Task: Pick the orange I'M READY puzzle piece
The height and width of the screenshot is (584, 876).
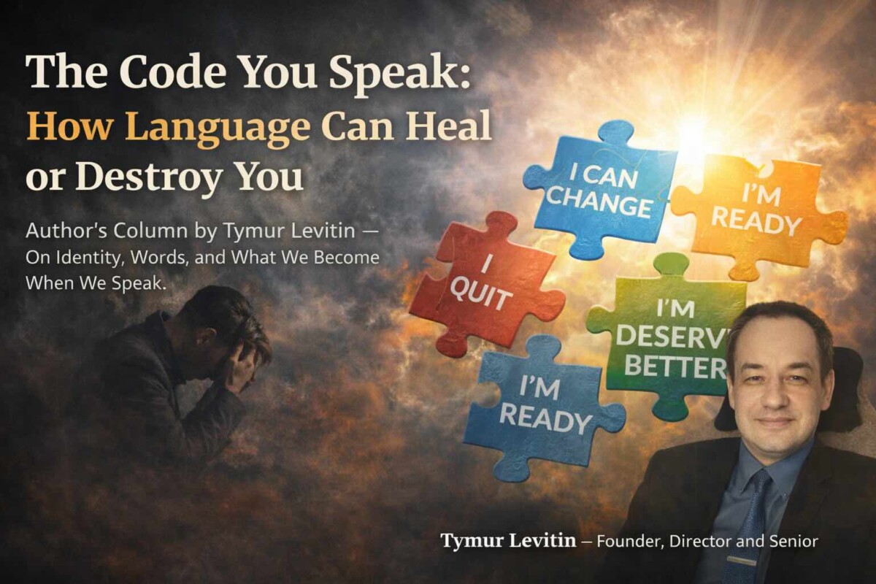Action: point(756,212)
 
